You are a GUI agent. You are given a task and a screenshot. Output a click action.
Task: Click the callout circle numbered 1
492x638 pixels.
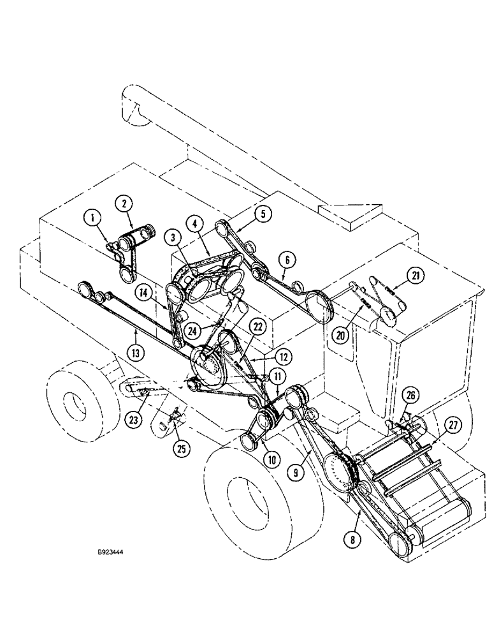pos(94,219)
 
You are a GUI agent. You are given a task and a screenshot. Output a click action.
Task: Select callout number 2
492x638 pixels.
pos(124,204)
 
